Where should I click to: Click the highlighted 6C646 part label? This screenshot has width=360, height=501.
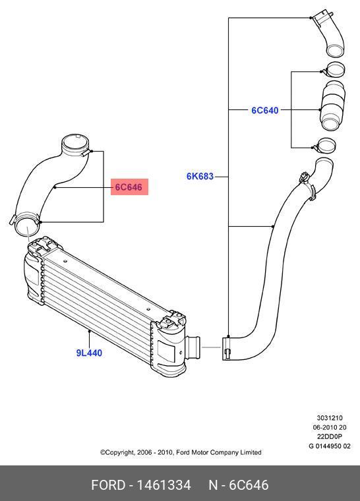[129, 187]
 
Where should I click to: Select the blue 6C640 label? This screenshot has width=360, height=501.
[264, 110]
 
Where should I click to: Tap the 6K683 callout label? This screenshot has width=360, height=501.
[200, 176]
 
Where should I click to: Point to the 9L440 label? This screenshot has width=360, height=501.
[89, 353]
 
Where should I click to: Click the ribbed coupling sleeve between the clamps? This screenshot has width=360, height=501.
[332, 105]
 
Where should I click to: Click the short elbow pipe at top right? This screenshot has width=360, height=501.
[329, 34]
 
